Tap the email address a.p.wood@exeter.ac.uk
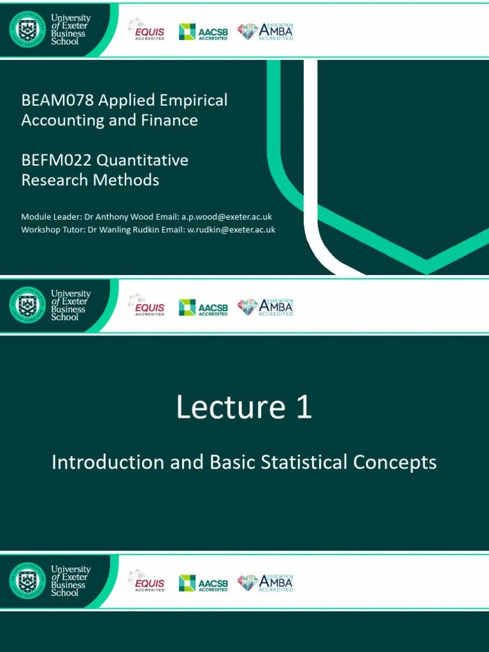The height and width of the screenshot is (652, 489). tap(227, 217)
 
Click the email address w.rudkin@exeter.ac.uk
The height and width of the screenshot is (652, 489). tap(231, 230)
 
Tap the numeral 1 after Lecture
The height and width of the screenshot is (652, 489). tap(304, 407)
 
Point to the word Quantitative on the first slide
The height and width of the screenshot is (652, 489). tap(148, 160)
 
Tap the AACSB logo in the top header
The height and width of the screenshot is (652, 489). tap(203, 31)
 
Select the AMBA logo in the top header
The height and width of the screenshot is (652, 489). tap(266, 31)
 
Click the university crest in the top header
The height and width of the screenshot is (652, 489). tap(27, 29)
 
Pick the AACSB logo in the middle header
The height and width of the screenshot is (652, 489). tap(203, 308)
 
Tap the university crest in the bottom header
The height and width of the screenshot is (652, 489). tap(27, 581)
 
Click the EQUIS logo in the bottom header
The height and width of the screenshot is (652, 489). tap(148, 582)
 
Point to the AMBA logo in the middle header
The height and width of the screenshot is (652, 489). tap(266, 308)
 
